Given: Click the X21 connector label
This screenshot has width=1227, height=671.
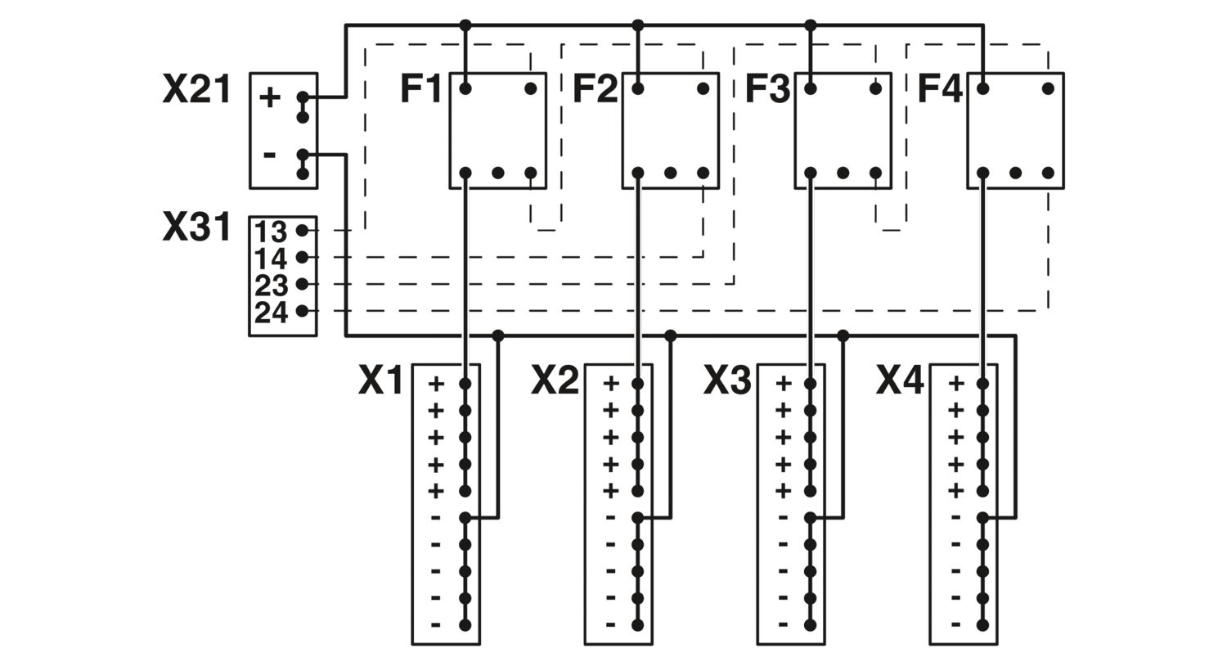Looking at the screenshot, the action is point(196,89).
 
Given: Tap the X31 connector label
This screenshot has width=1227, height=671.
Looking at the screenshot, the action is point(196,227).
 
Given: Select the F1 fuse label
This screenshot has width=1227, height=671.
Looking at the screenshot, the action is point(420,89).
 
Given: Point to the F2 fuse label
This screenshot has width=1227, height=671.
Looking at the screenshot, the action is point(596,89).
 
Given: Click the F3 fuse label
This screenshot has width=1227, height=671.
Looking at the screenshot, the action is point(768,89).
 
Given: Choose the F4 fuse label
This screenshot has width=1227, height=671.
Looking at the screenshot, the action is point(940,89).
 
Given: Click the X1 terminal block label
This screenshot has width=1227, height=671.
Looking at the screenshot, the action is point(380,381).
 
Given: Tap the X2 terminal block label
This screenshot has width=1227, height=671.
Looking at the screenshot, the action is point(555,381).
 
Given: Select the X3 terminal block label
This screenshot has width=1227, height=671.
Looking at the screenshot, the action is point(727,381).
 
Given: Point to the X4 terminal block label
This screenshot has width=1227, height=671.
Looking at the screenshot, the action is point(900,381).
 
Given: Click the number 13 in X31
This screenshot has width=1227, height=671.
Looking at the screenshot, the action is point(271,232).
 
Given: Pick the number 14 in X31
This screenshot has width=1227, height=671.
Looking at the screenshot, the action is point(271,259).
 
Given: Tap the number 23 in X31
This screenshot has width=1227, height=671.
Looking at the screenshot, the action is point(271,286).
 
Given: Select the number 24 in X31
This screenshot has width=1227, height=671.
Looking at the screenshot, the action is point(271,313).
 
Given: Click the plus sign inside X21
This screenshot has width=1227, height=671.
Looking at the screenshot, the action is point(269,98).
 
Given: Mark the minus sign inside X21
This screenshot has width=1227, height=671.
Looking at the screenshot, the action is point(269,155).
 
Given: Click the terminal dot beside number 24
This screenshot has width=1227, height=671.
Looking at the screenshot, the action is point(302,311).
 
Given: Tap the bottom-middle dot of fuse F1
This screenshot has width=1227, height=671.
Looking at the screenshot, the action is point(498,173).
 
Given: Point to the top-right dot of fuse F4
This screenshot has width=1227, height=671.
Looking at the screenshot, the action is point(1048,88).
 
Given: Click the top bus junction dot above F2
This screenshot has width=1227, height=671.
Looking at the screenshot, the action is point(637,25).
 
